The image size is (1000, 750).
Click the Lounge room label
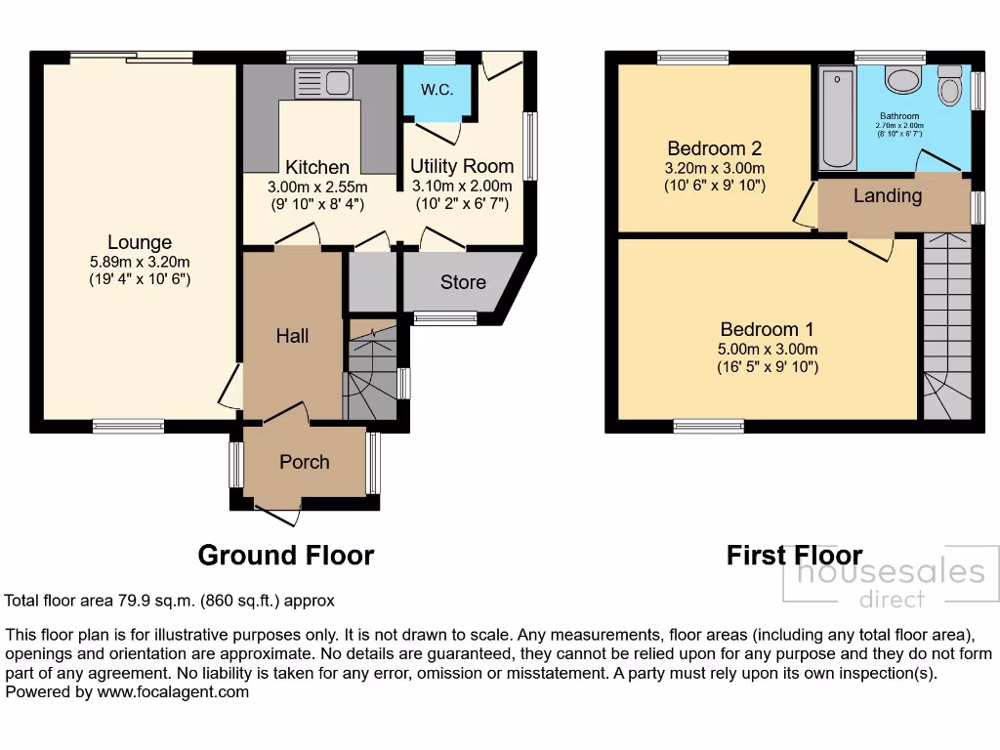(140, 242)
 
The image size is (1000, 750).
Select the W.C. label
(436, 90)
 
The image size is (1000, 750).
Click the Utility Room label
(461, 165)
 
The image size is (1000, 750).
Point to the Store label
(463, 282)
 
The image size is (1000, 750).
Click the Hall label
(292, 336)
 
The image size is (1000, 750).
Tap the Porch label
(305, 462)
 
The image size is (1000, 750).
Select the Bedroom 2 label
(714, 148)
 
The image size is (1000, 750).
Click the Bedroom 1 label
(768, 329)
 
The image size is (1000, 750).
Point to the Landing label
(888, 195)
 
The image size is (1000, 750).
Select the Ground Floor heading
(285, 556)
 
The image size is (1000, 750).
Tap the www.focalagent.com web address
(173, 691)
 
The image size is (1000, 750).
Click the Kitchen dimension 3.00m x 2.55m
(318, 187)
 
